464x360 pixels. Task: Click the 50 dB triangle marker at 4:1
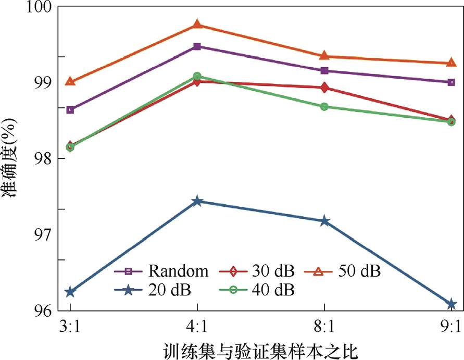pos(197,24)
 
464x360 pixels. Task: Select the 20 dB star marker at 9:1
pos(451,304)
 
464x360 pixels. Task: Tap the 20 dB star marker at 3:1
pos(70,292)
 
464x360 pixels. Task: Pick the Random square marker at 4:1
pos(197,46)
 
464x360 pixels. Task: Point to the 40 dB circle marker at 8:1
pos(324,107)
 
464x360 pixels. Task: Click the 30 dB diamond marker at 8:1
pos(324,88)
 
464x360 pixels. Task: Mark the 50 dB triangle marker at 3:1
pos(70,82)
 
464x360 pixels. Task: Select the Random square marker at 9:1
pos(451,82)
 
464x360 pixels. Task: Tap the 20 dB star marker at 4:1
pos(197,201)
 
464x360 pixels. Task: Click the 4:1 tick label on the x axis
pos(197,327)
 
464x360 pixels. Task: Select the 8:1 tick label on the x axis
pos(324,327)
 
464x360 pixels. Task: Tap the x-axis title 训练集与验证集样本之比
pos(260,350)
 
